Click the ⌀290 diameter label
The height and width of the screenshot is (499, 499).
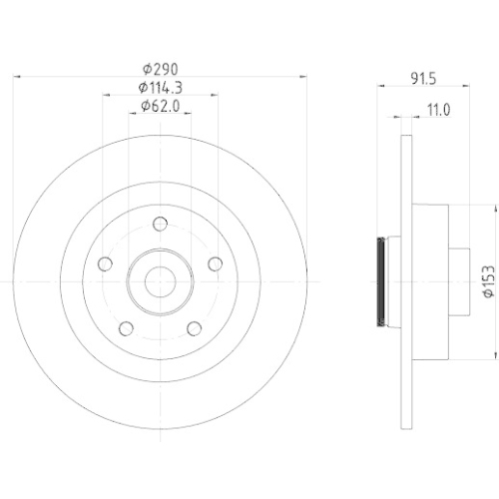[160, 70]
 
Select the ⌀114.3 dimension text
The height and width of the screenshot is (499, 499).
[160, 88]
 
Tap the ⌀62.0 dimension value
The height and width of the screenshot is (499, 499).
[160, 105]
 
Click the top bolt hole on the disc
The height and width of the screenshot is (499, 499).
[160, 224]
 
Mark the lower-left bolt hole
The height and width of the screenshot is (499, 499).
[125, 328]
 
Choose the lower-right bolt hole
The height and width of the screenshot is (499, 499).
[195, 328]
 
